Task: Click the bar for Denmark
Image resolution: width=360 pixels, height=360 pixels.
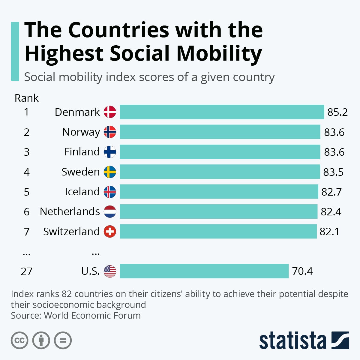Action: coord(222,112)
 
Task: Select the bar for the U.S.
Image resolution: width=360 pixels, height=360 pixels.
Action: coord(204,271)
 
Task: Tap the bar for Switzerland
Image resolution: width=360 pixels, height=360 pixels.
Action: coord(218,231)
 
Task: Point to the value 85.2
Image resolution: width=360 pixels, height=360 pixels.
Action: coord(337,112)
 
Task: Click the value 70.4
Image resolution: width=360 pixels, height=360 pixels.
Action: coord(302,271)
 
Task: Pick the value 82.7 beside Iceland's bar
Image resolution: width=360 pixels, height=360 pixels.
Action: coord(331,192)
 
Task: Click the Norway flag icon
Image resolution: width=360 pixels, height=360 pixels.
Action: coord(110,132)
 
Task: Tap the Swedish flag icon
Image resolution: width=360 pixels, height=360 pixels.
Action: coord(110,172)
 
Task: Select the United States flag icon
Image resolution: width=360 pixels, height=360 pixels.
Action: coord(110,271)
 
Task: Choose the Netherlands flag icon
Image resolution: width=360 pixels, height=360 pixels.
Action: coord(110,211)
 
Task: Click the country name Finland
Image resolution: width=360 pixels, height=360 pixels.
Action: coord(82,152)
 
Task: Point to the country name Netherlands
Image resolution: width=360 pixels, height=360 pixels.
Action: coord(70,211)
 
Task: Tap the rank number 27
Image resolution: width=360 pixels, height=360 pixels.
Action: coord(26,271)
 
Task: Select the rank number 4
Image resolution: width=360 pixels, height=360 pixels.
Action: coord(27,172)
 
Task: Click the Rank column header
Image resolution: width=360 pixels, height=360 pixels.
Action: coord(27,98)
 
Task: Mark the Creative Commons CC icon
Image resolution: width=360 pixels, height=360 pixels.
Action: coord(19,340)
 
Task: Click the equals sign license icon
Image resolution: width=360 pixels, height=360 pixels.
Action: coord(63,340)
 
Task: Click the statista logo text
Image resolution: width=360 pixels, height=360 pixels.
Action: coord(293,341)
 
